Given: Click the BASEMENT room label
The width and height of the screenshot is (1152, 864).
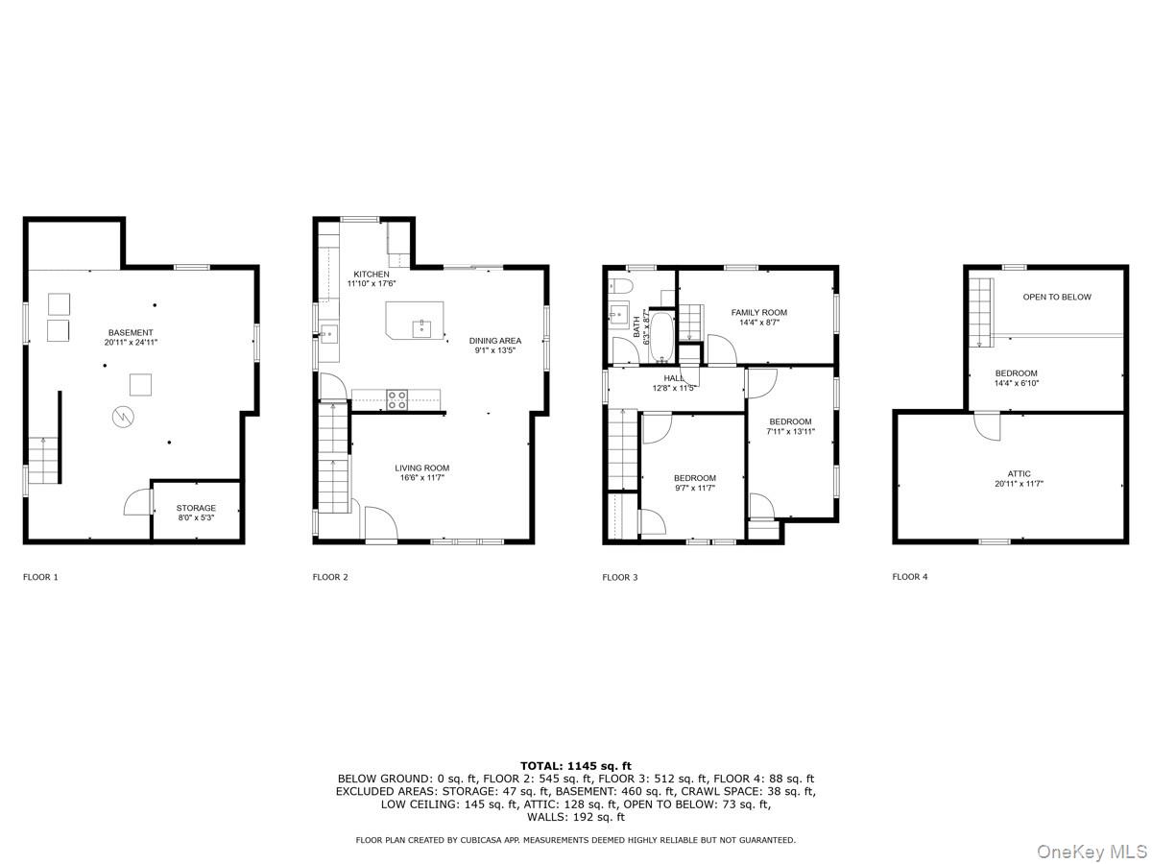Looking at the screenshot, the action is (131, 332).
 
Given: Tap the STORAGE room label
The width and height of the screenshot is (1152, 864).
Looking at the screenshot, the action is (196, 507).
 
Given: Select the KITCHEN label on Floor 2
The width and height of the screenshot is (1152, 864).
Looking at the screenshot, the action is (372, 274).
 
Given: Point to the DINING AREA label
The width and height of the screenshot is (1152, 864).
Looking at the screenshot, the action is (495, 341).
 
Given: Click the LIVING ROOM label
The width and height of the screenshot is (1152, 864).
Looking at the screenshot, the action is (422, 468).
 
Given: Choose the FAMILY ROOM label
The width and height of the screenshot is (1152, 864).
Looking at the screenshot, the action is (759, 312).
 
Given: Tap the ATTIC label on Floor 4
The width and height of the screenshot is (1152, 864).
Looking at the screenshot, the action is (1019, 473).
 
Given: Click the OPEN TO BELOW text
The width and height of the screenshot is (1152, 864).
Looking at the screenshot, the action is (1057, 297).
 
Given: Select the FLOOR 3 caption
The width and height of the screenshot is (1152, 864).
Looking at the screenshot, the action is (620, 577).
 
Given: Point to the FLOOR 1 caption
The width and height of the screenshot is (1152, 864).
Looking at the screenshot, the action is (40, 577).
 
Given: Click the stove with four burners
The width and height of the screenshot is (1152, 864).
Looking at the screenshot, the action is (396, 399).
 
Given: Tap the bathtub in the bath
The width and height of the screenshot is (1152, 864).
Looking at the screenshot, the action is (660, 337).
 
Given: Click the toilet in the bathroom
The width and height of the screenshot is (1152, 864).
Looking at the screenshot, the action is (620, 286).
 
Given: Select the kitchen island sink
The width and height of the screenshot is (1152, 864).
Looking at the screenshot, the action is (420, 328).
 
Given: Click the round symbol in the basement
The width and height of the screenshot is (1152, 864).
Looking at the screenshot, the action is (123, 417).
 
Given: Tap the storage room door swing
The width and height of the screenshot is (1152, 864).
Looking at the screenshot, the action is (137, 501).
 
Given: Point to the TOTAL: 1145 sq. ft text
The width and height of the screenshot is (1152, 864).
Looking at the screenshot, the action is (576, 765).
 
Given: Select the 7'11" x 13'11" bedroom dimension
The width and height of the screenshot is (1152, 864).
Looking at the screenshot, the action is (790, 431).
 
